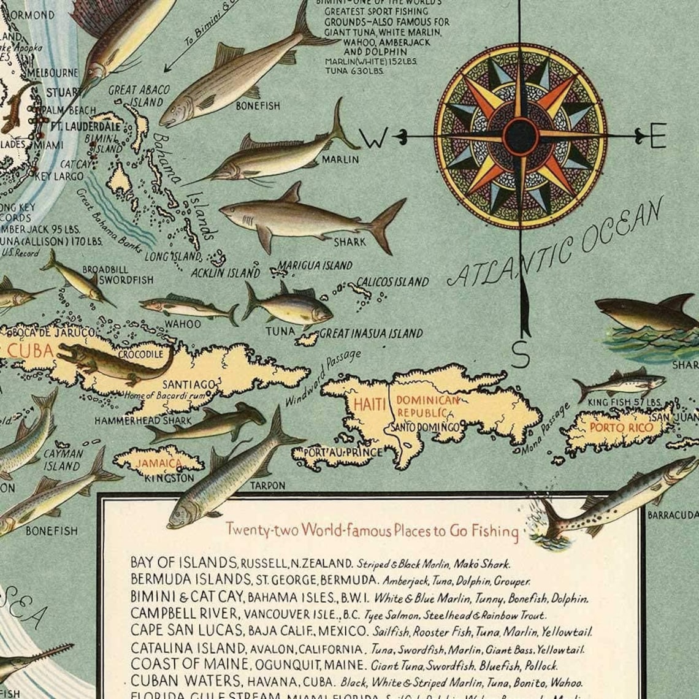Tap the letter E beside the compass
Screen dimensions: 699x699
pos(657,136)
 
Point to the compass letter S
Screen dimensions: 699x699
pos(520,354)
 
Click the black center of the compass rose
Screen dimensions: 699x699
pos(521,136)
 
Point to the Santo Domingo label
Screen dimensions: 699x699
pos(428,426)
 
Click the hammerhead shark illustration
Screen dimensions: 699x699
pos(208,423)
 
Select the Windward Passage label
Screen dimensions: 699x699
pos(323,378)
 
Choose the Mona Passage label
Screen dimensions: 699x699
pos(546,427)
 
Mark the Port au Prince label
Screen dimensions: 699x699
pos(338,453)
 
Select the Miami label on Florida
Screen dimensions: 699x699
pos(49,145)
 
